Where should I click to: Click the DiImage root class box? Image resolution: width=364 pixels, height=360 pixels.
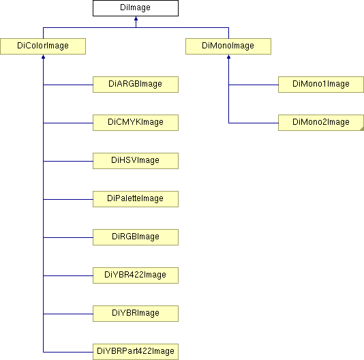136,8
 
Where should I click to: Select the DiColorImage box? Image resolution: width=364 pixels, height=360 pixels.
43,46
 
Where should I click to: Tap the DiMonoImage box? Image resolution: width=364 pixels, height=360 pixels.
228,46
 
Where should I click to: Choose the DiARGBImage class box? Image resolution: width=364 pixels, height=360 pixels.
136,85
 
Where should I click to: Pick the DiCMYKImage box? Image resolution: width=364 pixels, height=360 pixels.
136,123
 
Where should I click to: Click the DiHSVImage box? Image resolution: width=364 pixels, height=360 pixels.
136,161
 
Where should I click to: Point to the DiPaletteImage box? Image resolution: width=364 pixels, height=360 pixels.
136,199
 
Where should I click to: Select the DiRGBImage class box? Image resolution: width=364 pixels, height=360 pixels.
136,237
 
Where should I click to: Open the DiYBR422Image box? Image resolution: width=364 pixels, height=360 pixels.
136,275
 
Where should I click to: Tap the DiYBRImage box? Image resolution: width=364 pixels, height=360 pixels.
136,314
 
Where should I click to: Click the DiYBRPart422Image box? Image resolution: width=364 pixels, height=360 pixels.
136,352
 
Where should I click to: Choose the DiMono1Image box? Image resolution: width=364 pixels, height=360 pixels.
321,85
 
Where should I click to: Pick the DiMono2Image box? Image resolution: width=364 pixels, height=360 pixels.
321,123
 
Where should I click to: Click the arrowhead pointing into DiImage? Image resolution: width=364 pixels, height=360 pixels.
136,18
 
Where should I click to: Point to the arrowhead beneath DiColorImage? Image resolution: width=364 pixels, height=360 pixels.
43,57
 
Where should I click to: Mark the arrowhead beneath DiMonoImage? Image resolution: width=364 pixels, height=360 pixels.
228,57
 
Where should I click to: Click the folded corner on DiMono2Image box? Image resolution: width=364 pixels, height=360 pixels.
362,129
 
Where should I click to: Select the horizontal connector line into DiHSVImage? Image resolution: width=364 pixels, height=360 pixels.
68,161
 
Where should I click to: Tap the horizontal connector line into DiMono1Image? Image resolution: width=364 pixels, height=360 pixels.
254,85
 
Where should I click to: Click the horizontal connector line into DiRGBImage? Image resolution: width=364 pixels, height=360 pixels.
68,237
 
